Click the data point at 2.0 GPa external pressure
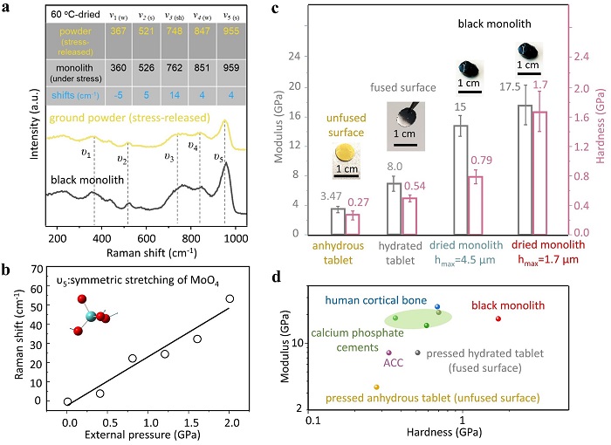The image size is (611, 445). point(230,298)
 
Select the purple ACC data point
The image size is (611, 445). point(388,353)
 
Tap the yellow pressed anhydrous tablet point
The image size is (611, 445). point(376,387)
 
